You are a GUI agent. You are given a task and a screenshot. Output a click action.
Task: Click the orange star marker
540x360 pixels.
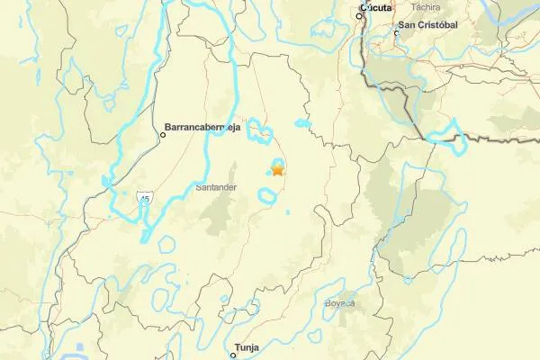[x=277, y=168]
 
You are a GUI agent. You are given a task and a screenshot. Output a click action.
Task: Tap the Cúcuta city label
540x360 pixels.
[x=374, y=8]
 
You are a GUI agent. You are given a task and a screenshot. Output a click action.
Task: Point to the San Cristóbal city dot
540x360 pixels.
[x=396, y=34]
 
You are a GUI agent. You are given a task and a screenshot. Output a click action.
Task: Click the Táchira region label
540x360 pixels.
[x=424, y=58]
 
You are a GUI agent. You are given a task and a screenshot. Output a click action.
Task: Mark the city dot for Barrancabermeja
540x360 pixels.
[x=163, y=135]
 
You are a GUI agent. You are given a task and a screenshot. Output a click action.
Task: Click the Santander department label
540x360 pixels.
[x=216, y=187]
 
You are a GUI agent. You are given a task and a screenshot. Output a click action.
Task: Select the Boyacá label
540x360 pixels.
[x=340, y=302]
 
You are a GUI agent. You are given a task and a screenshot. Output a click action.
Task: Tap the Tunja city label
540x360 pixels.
[x=246, y=346]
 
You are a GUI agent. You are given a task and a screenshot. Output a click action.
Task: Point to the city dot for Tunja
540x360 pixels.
[x=232, y=355]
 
